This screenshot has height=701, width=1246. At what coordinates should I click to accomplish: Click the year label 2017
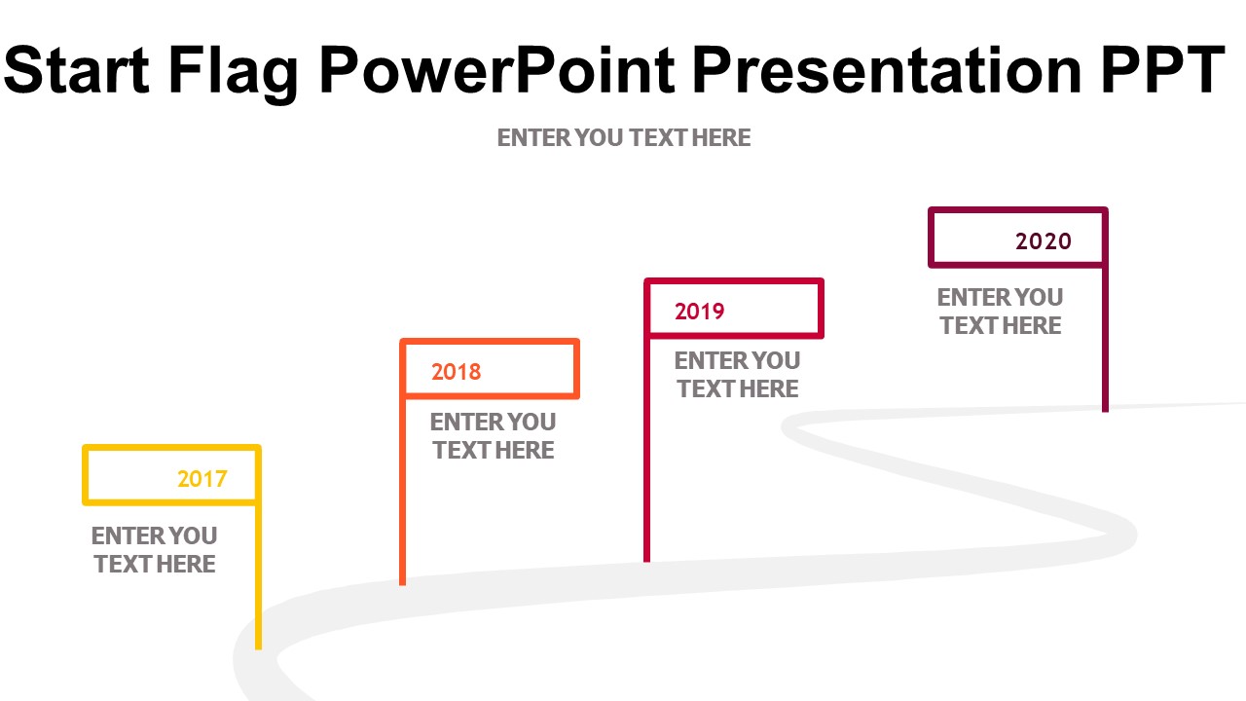(202, 478)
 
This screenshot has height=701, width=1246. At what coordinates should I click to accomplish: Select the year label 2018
(457, 372)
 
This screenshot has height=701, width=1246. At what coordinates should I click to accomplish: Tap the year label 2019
(700, 312)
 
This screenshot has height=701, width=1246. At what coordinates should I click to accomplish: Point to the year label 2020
(1044, 241)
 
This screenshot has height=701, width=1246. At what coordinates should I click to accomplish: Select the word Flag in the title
(234, 74)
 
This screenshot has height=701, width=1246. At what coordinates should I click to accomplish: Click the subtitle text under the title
(624, 138)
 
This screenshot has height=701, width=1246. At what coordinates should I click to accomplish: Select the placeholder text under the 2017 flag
(154, 550)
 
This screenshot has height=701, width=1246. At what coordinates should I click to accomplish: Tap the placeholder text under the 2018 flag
(493, 435)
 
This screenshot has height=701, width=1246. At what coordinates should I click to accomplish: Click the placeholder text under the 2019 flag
(737, 375)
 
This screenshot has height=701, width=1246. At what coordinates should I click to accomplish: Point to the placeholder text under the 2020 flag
(1000, 311)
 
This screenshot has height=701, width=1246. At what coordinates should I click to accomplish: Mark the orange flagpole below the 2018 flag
(403, 492)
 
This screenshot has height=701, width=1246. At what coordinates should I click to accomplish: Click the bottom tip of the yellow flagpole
(258, 649)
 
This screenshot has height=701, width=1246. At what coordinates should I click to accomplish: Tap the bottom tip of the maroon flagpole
(1105, 412)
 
